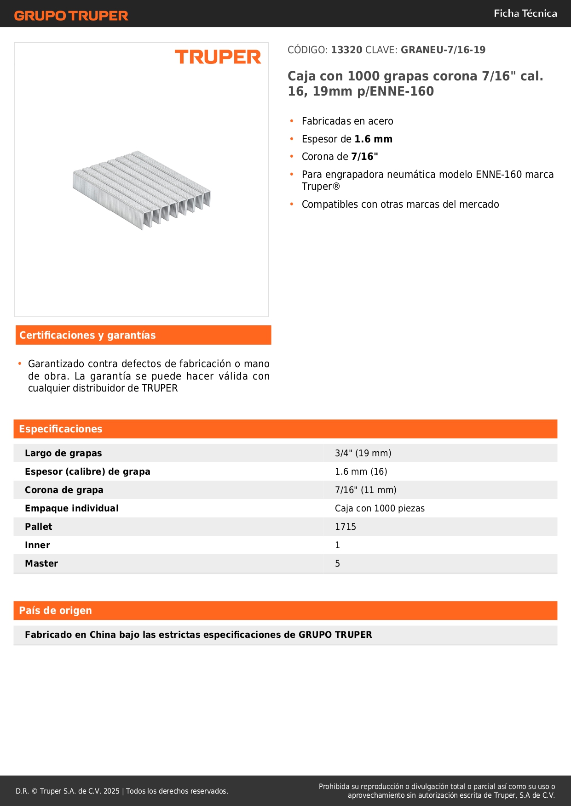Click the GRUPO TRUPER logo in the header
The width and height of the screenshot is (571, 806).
pyautogui.click(x=71, y=16)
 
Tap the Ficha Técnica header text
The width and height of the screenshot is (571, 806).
pyautogui.click(x=525, y=14)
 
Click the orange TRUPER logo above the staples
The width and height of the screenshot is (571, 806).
pyautogui.click(x=218, y=57)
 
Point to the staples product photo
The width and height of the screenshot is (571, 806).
pyautogui.click(x=142, y=190)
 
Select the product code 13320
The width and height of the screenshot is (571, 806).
pyautogui.click(x=346, y=50)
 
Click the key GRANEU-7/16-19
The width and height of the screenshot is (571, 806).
pyautogui.click(x=443, y=50)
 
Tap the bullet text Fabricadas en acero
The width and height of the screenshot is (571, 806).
pyautogui.click(x=347, y=121)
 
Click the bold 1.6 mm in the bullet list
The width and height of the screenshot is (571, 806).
pyautogui.click(x=373, y=139)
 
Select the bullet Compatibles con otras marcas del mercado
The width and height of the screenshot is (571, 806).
pyautogui.click(x=400, y=204)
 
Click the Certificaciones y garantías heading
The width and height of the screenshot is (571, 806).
pyautogui.click(x=87, y=335)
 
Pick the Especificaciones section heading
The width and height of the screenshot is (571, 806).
pyautogui.click(x=61, y=429)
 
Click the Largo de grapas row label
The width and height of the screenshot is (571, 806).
pyautogui.click(x=63, y=454)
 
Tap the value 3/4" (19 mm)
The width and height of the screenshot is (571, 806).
pyautogui.click(x=363, y=454)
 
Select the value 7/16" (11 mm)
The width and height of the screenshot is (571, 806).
pyautogui.click(x=365, y=490)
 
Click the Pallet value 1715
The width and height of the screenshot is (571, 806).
pyautogui.click(x=346, y=527)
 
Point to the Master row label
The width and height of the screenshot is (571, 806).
pyautogui.click(x=41, y=564)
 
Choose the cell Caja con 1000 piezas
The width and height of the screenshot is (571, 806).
pyautogui.click(x=380, y=509)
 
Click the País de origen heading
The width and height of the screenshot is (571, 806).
pyautogui.click(x=55, y=611)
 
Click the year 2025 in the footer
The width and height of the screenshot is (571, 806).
pyautogui.click(x=111, y=791)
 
